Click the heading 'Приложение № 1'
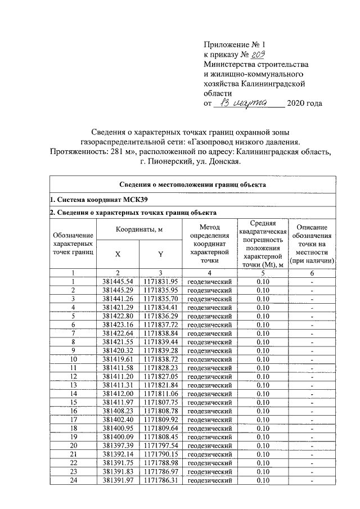[x=232, y=44]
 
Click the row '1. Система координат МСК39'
[x=85, y=200]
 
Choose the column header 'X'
[x=118, y=254]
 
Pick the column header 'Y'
[x=160, y=254]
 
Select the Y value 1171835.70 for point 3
[x=160, y=299]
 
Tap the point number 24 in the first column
[x=73, y=480]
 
